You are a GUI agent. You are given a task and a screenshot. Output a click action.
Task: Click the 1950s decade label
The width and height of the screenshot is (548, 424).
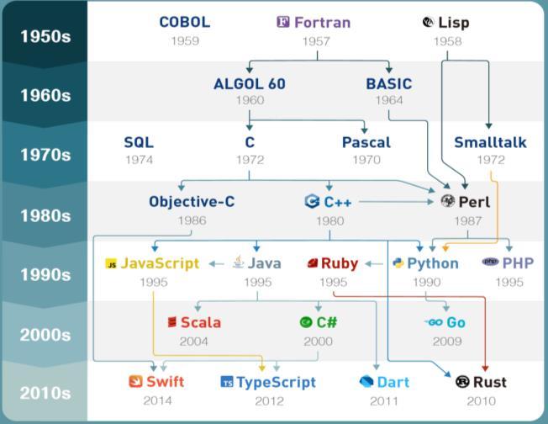click(x=45, y=37)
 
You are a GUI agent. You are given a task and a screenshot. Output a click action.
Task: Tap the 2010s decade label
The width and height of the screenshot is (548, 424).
click(x=45, y=393)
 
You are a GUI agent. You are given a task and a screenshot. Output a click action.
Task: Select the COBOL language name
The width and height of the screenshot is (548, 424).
click(x=184, y=22)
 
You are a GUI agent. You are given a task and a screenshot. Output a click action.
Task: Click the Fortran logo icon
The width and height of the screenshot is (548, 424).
click(x=283, y=23)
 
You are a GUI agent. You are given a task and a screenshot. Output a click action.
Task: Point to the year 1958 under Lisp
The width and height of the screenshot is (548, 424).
click(x=447, y=40)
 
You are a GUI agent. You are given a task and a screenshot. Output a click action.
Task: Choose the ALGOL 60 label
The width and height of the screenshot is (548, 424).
click(x=250, y=83)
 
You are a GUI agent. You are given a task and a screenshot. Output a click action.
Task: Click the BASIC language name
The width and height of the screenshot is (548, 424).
click(x=389, y=83)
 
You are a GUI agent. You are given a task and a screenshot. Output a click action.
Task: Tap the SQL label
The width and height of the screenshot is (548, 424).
click(x=139, y=142)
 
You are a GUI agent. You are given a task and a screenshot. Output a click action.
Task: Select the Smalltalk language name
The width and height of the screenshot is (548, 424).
click(x=490, y=142)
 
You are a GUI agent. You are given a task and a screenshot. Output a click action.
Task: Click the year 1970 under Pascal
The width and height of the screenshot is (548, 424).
click(x=366, y=160)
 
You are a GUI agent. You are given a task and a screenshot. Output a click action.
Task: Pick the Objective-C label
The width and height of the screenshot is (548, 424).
click(x=192, y=202)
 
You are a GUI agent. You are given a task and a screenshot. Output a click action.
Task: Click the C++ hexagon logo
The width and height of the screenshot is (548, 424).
click(x=311, y=202)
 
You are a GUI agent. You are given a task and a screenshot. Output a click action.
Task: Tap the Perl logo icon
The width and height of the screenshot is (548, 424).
click(x=448, y=202)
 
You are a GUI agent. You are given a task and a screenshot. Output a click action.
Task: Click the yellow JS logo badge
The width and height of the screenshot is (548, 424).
click(x=111, y=264)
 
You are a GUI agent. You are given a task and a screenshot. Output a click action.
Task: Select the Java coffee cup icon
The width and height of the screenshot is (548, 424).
click(x=238, y=262)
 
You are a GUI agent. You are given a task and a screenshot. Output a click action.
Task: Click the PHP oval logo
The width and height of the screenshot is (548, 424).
click(x=490, y=262)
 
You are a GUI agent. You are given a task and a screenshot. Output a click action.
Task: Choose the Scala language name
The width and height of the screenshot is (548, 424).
click(x=200, y=322)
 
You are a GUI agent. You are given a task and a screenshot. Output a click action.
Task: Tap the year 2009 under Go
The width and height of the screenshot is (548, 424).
click(x=447, y=341)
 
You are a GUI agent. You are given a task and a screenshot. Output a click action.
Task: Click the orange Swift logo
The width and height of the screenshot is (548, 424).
click(x=135, y=382)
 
